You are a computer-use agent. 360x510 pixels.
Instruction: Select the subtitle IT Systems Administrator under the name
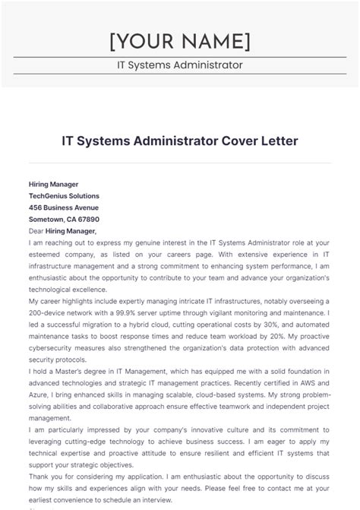(179, 65)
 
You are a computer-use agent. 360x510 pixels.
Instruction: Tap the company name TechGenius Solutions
(64, 196)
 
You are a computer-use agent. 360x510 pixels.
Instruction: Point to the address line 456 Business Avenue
(63, 207)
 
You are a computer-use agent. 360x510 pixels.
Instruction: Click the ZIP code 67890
(87, 219)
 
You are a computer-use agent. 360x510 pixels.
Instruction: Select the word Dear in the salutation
(36, 231)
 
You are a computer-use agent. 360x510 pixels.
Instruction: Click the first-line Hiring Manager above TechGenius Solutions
(53, 185)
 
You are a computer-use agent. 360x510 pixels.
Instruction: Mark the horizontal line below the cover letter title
(179, 162)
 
